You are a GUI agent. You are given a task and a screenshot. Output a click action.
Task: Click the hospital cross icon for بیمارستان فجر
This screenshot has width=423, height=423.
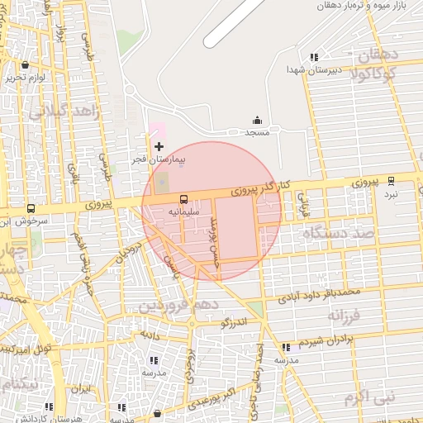click(x=159, y=146)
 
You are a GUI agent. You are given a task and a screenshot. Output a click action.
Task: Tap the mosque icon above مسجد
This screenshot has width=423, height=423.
click(x=257, y=121)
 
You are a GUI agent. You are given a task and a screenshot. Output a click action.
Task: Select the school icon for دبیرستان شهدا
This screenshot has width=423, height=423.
click(x=314, y=57)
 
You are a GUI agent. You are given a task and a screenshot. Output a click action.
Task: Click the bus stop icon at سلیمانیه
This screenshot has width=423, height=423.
click(x=183, y=198)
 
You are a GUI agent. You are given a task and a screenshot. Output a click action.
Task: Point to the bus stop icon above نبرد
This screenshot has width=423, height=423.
click(x=391, y=180)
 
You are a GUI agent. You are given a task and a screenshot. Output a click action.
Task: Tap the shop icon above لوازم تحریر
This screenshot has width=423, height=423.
click(x=26, y=64)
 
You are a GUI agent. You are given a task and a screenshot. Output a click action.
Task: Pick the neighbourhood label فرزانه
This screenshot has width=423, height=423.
click(x=345, y=316)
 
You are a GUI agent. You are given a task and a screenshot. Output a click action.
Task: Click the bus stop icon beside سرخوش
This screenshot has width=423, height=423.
click(x=31, y=210)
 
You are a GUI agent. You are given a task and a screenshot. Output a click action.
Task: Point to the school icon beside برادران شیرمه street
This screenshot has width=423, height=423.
click(x=286, y=348)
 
